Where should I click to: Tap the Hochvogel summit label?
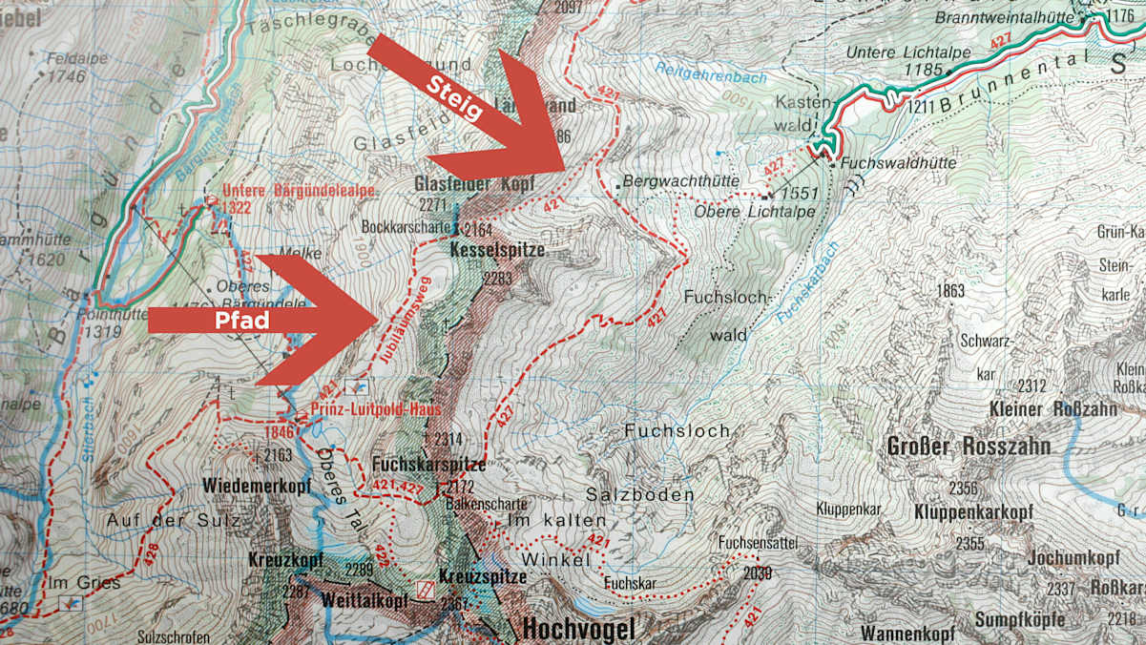click(x=577, y=629)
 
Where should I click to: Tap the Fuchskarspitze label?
click(x=429, y=465)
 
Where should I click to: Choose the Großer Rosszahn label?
click(x=969, y=447)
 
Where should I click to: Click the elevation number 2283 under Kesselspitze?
click(x=497, y=279)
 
